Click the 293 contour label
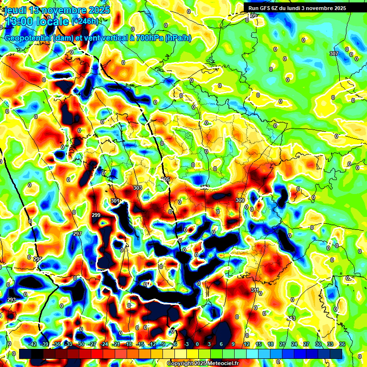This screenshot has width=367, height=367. tap(11, 300)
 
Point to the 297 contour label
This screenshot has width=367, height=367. tap(77, 234)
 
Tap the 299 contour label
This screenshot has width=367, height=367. tap(96, 216)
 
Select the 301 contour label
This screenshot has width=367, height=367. tap(115, 201)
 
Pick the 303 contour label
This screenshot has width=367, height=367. tap(138, 188)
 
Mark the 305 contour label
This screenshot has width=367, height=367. tap(165, 179)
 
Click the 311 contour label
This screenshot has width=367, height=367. tap(255, 290)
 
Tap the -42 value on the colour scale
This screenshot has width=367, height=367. tap(33, 344)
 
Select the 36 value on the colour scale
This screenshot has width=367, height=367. tap(342, 344)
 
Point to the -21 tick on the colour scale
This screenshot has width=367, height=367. tap(116, 344)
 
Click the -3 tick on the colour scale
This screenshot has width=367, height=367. tap(187, 344)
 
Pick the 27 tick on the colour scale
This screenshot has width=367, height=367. tap(306, 344)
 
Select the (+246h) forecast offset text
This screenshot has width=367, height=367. tap(85, 22)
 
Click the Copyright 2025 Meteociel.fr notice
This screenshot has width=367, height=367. tap(203, 363)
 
